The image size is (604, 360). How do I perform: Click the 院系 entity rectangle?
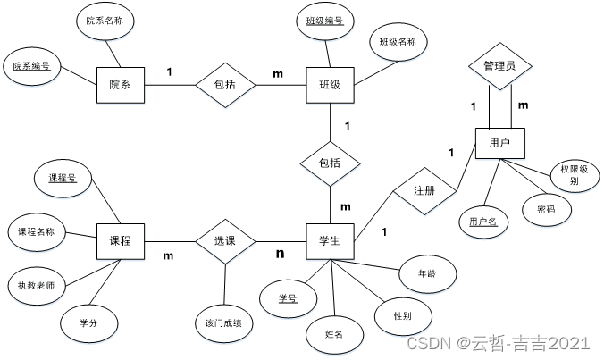pyautogui.click(x=120, y=85)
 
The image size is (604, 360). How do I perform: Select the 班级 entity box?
pyautogui.click(x=330, y=85)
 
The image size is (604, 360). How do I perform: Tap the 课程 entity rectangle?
pyautogui.click(x=120, y=241)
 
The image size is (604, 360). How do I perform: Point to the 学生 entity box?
pyautogui.click(x=330, y=241)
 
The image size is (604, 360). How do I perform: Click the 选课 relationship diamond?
pyautogui.click(x=224, y=241)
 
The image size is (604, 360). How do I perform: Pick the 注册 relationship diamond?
pyautogui.click(x=424, y=191)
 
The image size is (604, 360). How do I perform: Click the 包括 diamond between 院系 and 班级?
pyautogui.click(x=224, y=85)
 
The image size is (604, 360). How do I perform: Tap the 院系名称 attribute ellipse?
pyautogui.click(x=105, y=20)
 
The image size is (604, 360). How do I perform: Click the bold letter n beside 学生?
pyautogui.click(x=280, y=254)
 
